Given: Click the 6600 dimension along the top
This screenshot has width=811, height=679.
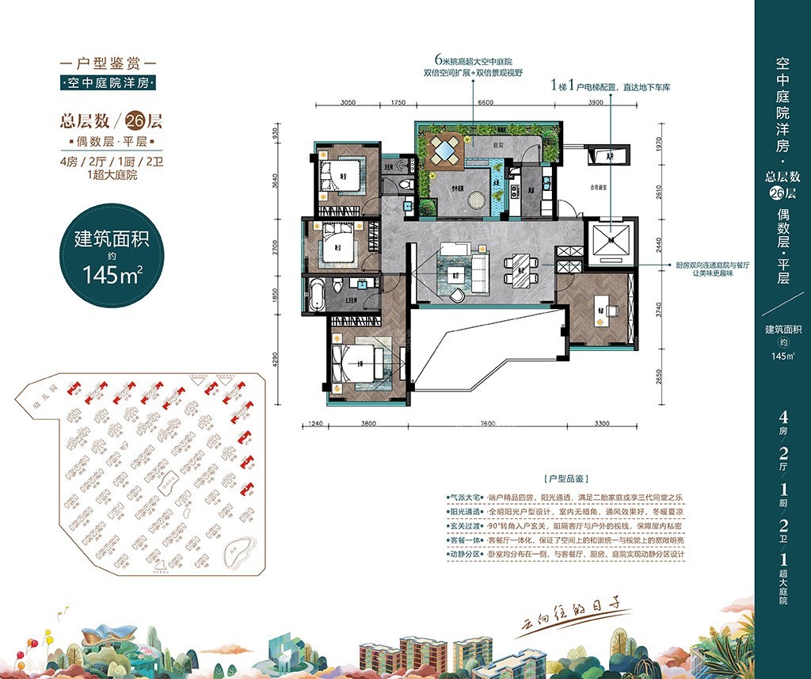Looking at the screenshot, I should pyautogui.click(x=485, y=102).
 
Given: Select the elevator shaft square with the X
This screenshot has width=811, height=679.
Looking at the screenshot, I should pyautogui.click(x=611, y=239).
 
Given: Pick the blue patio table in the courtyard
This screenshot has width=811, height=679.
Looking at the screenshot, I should pyautogui.click(x=445, y=149).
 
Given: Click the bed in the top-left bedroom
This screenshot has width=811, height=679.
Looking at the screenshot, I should pyautogui.click(x=343, y=174).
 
